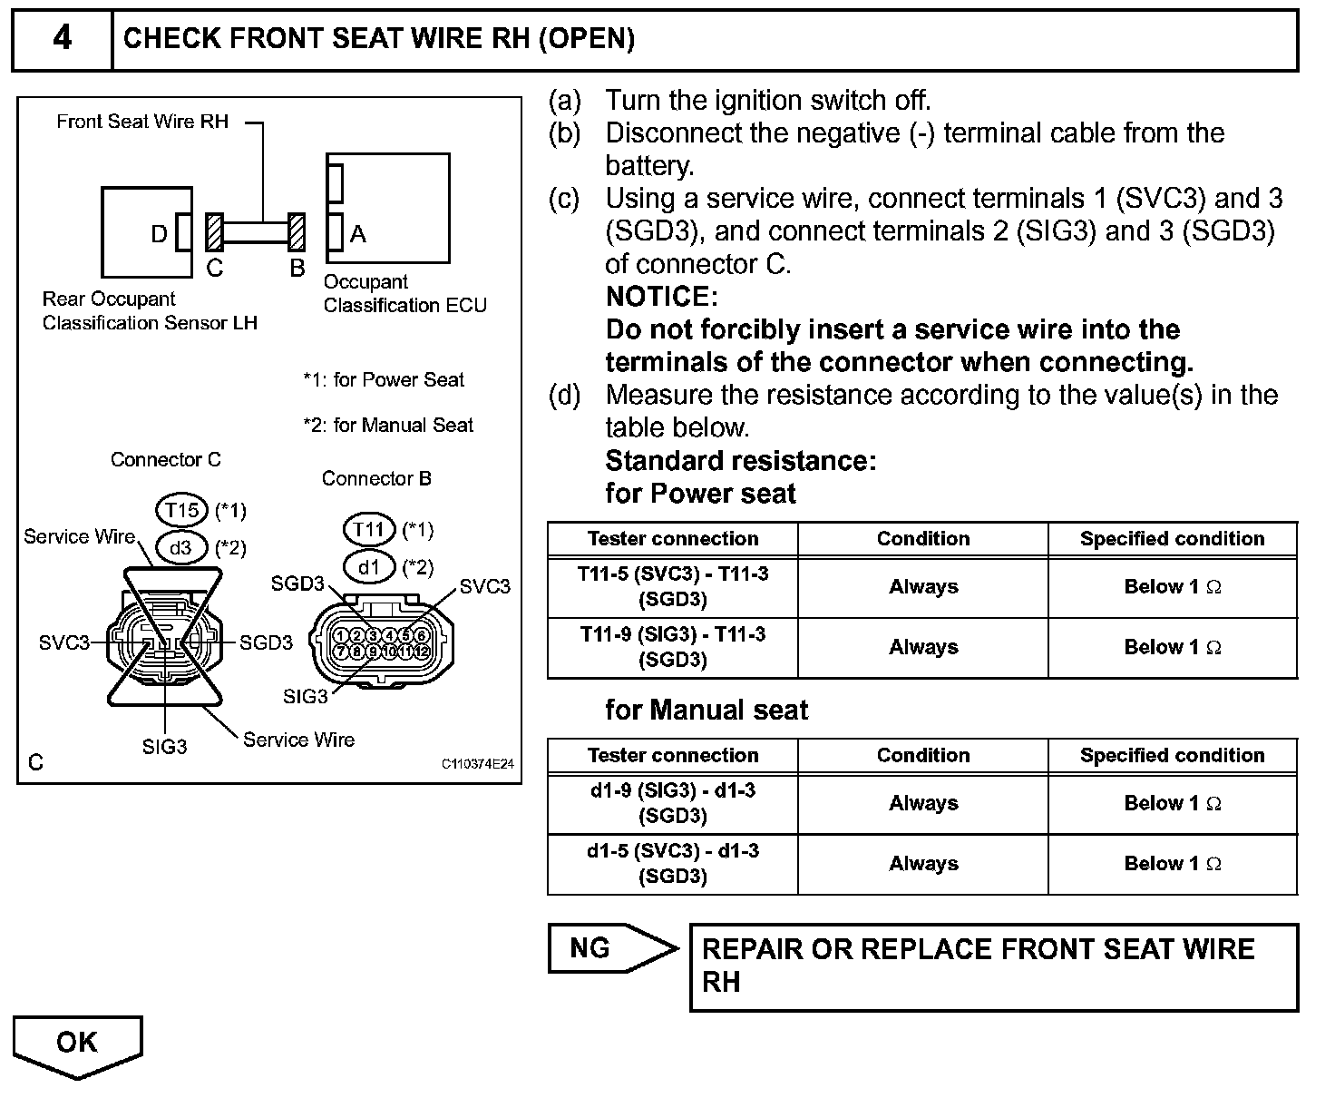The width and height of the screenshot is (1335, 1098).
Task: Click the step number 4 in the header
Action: [x=62, y=39]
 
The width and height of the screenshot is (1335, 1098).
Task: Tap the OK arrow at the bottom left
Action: [x=77, y=1044]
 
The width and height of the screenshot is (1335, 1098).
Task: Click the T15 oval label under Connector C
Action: [x=182, y=511]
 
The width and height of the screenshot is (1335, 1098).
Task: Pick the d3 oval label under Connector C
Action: [x=180, y=547]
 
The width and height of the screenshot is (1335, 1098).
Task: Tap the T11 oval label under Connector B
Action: [x=369, y=529]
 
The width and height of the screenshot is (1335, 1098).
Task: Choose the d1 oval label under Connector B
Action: [x=368, y=567]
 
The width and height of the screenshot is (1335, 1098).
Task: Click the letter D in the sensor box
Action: [x=159, y=234]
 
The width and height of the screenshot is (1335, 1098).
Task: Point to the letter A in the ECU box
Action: [x=358, y=234]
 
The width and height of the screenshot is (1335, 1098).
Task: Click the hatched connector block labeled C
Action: [x=214, y=232]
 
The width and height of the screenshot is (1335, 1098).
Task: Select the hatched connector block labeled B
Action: [x=297, y=232]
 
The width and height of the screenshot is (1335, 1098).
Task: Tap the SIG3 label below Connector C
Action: [x=164, y=747]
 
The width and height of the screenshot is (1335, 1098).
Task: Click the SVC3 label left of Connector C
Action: [x=64, y=642]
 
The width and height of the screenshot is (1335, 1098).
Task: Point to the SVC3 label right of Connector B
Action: [x=485, y=586]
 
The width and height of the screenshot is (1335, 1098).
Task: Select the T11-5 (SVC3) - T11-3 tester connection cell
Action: [x=673, y=586]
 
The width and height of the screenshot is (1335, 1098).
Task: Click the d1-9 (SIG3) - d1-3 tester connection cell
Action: [x=673, y=803]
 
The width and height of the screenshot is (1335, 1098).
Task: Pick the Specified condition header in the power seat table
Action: [x=1172, y=538]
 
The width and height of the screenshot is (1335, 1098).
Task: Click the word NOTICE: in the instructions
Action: [x=661, y=297]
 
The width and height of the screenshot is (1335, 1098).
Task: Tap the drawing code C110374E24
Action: [x=477, y=764]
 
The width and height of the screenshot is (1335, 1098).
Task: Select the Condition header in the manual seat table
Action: [x=922, y=755]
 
